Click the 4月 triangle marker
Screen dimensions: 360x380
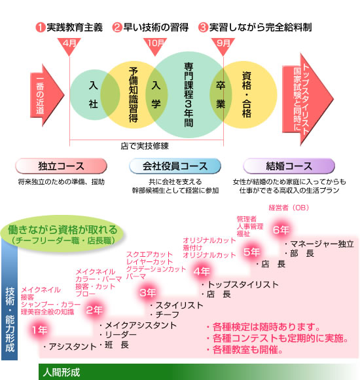tap(69, 46)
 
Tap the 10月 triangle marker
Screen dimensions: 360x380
tap(155, 46)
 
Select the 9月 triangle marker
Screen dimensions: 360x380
tap(223, 46)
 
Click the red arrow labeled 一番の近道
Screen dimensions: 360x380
tap(47, 95)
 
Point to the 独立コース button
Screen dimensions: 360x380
tap(61, 166)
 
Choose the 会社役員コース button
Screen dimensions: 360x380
tap(175, 166)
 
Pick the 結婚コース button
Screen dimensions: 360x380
tap(289, 166)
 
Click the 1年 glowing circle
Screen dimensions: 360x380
tap(40, 330)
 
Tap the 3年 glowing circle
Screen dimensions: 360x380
tap(147, 293)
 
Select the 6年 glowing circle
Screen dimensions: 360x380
tap(281, 230)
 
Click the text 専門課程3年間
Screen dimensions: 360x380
tap(189, 95)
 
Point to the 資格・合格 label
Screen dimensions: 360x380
tap(247, 95)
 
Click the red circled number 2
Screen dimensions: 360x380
tap(117, 28)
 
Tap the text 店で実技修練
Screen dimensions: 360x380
tap(145, 146)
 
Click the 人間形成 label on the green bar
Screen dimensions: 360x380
tap(62, 373)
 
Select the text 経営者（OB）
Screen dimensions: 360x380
tap(289, 208)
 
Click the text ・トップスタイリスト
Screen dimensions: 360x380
tap(240, 284)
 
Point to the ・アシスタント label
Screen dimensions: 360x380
tap(70, 347)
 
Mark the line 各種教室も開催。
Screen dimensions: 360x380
tap(245, 350)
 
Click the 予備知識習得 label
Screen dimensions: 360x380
tap(133, 95)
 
